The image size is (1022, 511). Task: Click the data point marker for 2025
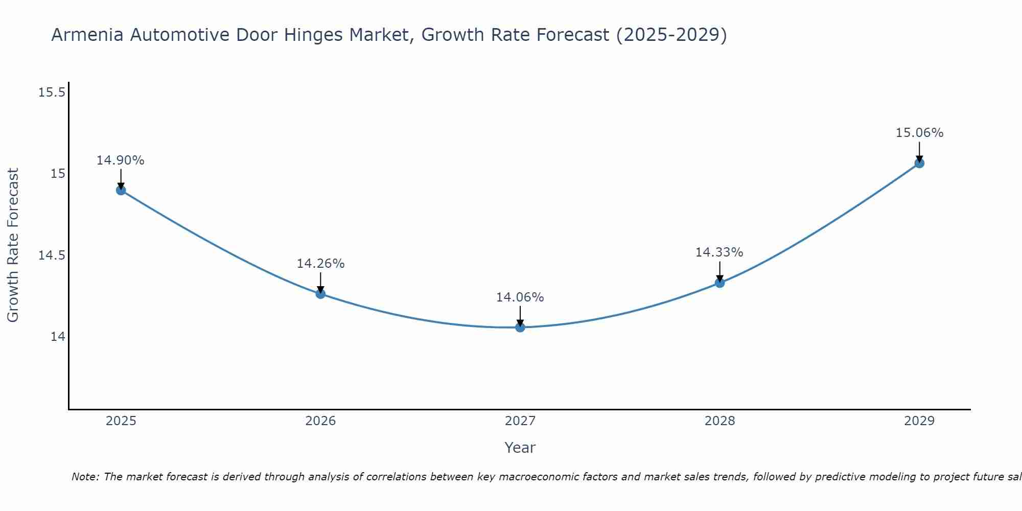(121, 190)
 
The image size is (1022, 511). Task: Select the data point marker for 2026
(320, 294)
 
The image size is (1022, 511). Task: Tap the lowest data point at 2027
(520, 327)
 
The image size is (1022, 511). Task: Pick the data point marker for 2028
(719, 283)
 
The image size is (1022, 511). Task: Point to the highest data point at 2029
(919, 163)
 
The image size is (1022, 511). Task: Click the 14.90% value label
(121, 160)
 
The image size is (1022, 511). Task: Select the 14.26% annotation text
(320, 264)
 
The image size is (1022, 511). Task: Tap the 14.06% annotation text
(520, 297)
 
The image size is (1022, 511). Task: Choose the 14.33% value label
(719, 252)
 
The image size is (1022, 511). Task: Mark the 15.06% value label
(919, 133)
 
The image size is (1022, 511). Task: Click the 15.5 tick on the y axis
(52, 92)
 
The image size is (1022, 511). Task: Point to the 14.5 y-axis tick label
(52, 255)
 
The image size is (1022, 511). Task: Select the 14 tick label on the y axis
(58, 336)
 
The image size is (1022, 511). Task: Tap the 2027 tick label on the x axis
(520, 421)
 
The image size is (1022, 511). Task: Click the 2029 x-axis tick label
(919, 421)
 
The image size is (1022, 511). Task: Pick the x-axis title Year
(520, 448)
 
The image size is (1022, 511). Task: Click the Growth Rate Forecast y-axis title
(13, 245)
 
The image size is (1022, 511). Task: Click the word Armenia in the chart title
(87, 35)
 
